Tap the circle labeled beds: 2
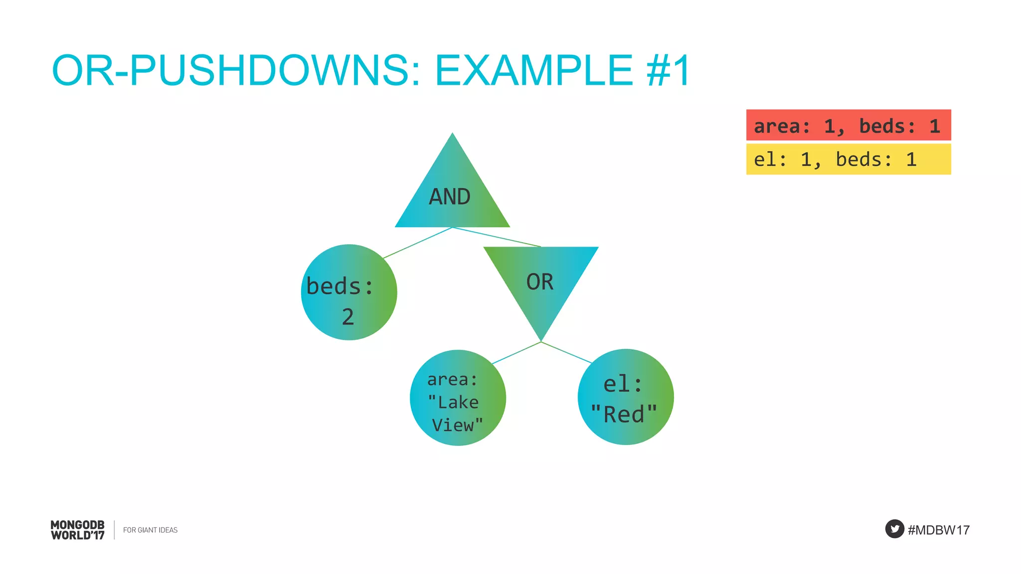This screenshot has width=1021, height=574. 349,292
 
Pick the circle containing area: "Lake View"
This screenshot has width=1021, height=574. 458,398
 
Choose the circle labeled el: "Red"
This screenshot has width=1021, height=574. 626,397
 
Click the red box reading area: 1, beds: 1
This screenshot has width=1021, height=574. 848,125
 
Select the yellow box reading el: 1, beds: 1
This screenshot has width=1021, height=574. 848,159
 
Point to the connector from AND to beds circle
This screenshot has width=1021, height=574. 418,243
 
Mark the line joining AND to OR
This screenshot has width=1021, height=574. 497,237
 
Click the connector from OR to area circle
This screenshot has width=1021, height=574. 516,353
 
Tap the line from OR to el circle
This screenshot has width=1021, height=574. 566,352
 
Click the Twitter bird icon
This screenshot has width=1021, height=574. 894,529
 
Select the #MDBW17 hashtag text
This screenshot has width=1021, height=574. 939,530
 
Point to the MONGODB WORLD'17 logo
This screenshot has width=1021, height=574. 78,530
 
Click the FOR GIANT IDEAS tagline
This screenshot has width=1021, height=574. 150,530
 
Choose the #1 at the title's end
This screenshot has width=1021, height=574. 668,70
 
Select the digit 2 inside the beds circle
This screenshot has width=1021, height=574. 348,317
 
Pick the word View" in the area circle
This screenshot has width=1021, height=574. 457,425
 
